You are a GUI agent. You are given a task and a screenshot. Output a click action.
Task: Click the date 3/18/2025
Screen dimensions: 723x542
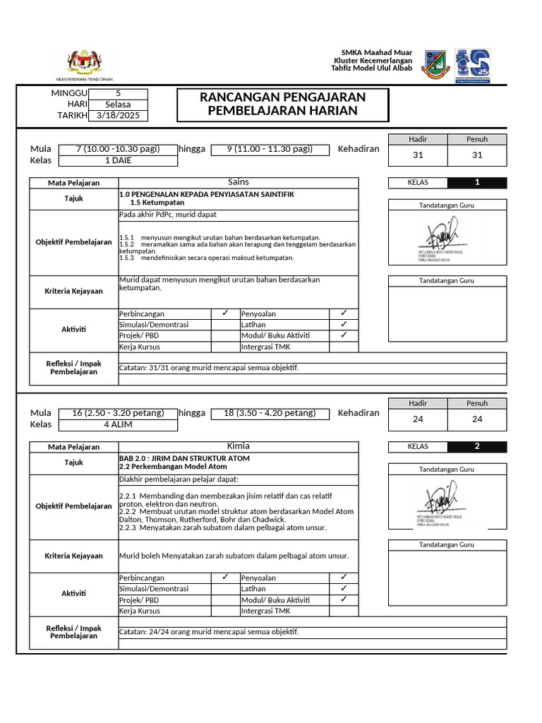point(118,116)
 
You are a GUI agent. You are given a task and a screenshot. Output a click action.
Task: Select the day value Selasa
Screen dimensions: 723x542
point(118,104)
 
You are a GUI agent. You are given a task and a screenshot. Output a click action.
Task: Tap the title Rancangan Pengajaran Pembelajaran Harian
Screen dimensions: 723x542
point(282,104)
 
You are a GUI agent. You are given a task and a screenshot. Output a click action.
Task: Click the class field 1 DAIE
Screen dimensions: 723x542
point(118,160)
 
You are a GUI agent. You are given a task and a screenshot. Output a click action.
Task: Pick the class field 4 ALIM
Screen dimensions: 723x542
point(118,424)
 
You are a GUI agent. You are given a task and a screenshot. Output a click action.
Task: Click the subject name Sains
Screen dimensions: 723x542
point(239,182)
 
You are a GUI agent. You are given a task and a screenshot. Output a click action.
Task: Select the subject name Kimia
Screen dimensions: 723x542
point(239,446)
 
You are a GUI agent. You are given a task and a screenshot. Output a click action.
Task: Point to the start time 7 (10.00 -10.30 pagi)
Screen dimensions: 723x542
point(118,149)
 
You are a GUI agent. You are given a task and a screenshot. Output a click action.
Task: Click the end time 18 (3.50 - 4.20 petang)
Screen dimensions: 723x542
point(271,413)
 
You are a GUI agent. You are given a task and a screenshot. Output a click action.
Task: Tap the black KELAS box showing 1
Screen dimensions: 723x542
point(477,183)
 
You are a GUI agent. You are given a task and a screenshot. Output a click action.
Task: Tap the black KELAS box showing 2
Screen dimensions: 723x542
point(477,446)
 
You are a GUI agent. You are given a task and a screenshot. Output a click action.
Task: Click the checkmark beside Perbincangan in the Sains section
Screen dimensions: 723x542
point(224,313)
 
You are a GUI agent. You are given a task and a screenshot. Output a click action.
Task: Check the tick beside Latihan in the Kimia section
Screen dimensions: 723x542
point(344,588)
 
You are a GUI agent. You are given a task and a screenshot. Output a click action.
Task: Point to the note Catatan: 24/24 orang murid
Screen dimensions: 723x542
point(209,632)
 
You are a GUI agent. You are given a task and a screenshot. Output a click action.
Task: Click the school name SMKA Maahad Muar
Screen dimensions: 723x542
point(377,53)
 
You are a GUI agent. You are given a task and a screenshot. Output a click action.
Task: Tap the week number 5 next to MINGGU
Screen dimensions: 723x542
point(118,93)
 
